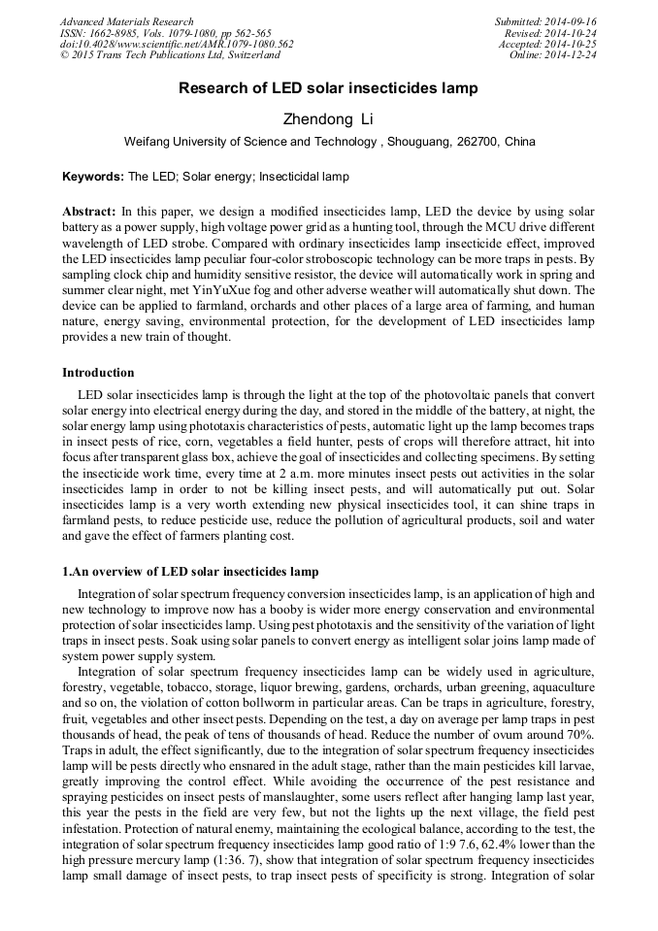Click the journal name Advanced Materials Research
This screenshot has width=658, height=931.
(126, 21)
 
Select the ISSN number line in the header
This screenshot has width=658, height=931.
(165, 33)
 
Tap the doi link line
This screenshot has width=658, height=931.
(177, 45)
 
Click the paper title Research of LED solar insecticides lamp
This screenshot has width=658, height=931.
(328, 89)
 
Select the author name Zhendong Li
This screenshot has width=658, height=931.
(328, 119)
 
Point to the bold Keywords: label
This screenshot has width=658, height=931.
(93, 178)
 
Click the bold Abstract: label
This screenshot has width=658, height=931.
(89, 212)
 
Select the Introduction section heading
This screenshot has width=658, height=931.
(98, 373)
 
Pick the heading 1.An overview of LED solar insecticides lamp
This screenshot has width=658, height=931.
(190, 572)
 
